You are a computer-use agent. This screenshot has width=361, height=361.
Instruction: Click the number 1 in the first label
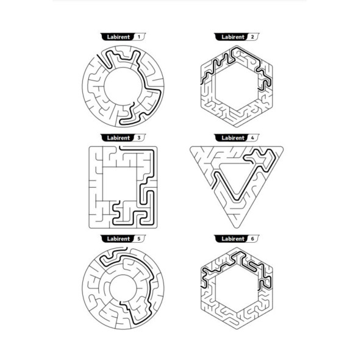[138, 37]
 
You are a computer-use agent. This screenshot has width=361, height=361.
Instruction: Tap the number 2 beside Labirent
[252, 37]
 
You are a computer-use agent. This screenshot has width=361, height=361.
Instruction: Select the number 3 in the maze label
[138, 138]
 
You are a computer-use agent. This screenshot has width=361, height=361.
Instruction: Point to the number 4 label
[252, 138]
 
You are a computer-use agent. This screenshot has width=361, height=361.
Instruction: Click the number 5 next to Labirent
[138, 239]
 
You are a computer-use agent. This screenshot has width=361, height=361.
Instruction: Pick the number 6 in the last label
[252, 239]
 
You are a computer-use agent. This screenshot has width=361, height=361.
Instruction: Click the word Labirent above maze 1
[118, 37]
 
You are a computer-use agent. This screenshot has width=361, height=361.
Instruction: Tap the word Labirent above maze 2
[233, 37]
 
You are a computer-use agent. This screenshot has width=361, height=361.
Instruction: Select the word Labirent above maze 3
[118, 138]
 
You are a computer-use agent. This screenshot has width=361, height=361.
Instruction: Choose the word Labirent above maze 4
[233, 138]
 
